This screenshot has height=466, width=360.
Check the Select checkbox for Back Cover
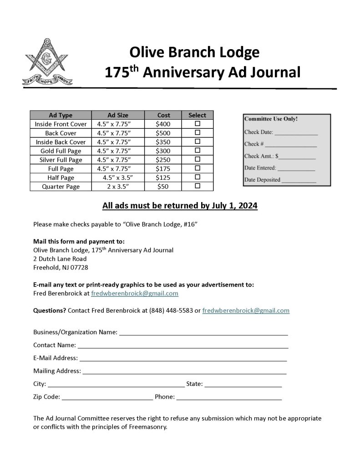click(x=198, y=133)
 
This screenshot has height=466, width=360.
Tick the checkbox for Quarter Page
click(x=198, y=187)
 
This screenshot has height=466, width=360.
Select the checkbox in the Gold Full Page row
click(x=198, y=151)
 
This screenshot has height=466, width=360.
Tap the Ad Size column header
click(x=118, y=115)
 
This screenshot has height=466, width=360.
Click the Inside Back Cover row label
click(x=61, y=142)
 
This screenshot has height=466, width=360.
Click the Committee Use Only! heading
click(x=271, y=119)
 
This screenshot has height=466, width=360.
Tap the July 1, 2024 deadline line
click(x=180, y=206)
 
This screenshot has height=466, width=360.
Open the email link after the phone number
click(x=246, y=311)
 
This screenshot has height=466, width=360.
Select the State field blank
click(x=243, y=385)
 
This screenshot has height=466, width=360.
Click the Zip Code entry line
click(x=107, y=397)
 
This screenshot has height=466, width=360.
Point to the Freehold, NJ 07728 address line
click(x=61, y=267)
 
